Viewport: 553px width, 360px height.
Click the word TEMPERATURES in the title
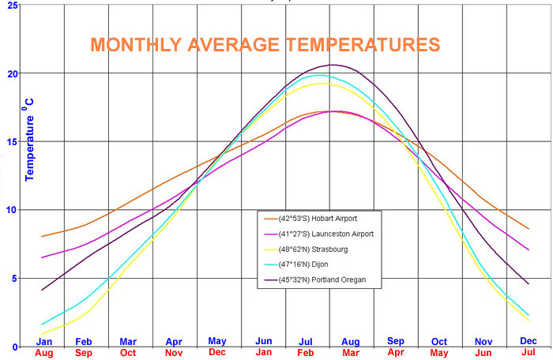[363, 45]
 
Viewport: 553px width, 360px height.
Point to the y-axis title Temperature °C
[29, 140]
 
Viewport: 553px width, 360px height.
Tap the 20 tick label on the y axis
[12, 73]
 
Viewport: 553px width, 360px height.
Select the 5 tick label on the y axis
[14, 279]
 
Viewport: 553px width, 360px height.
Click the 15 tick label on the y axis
[12, 142]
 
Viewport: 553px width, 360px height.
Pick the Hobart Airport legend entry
[310, 219]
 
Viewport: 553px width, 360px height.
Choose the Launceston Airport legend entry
[319, 234]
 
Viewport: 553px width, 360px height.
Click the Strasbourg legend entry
[306, 249]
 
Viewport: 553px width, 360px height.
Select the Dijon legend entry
[296, 264]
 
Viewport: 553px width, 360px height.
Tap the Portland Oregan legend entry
[315, 279]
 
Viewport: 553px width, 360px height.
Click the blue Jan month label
[44, 342]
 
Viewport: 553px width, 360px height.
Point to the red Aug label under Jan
[44, 353]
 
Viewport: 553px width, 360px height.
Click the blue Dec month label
[529, 341]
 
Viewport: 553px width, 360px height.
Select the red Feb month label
[306, 353]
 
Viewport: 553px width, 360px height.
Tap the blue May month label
[217, 341]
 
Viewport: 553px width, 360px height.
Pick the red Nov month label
[174, 353]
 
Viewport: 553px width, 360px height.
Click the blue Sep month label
[396, 341]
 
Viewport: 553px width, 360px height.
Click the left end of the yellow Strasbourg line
[42, 334]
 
